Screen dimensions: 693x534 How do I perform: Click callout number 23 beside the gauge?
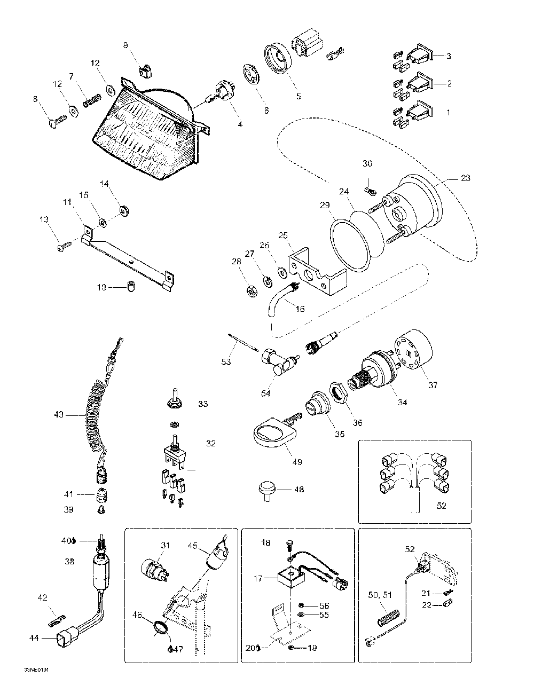pyautogui.click(x=465, y=178)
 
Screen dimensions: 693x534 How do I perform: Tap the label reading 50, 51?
pyautogui.click(x=380, y=595)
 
